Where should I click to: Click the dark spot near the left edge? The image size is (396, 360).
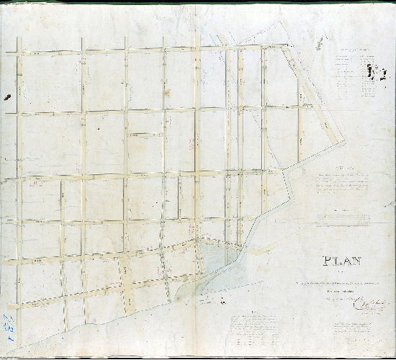click(7, 96)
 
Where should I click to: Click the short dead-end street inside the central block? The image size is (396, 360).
click(146, 135)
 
